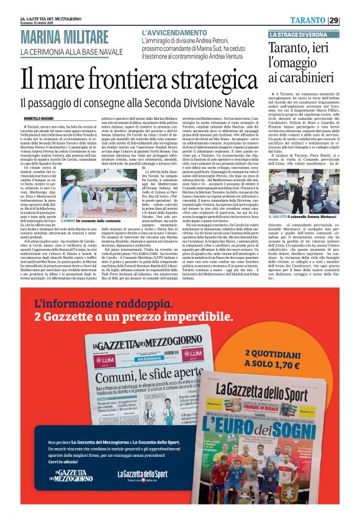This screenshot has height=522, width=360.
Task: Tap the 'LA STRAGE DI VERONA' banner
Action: coord(296,33)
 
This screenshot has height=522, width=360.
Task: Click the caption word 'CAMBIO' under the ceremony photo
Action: coord(68,220)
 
